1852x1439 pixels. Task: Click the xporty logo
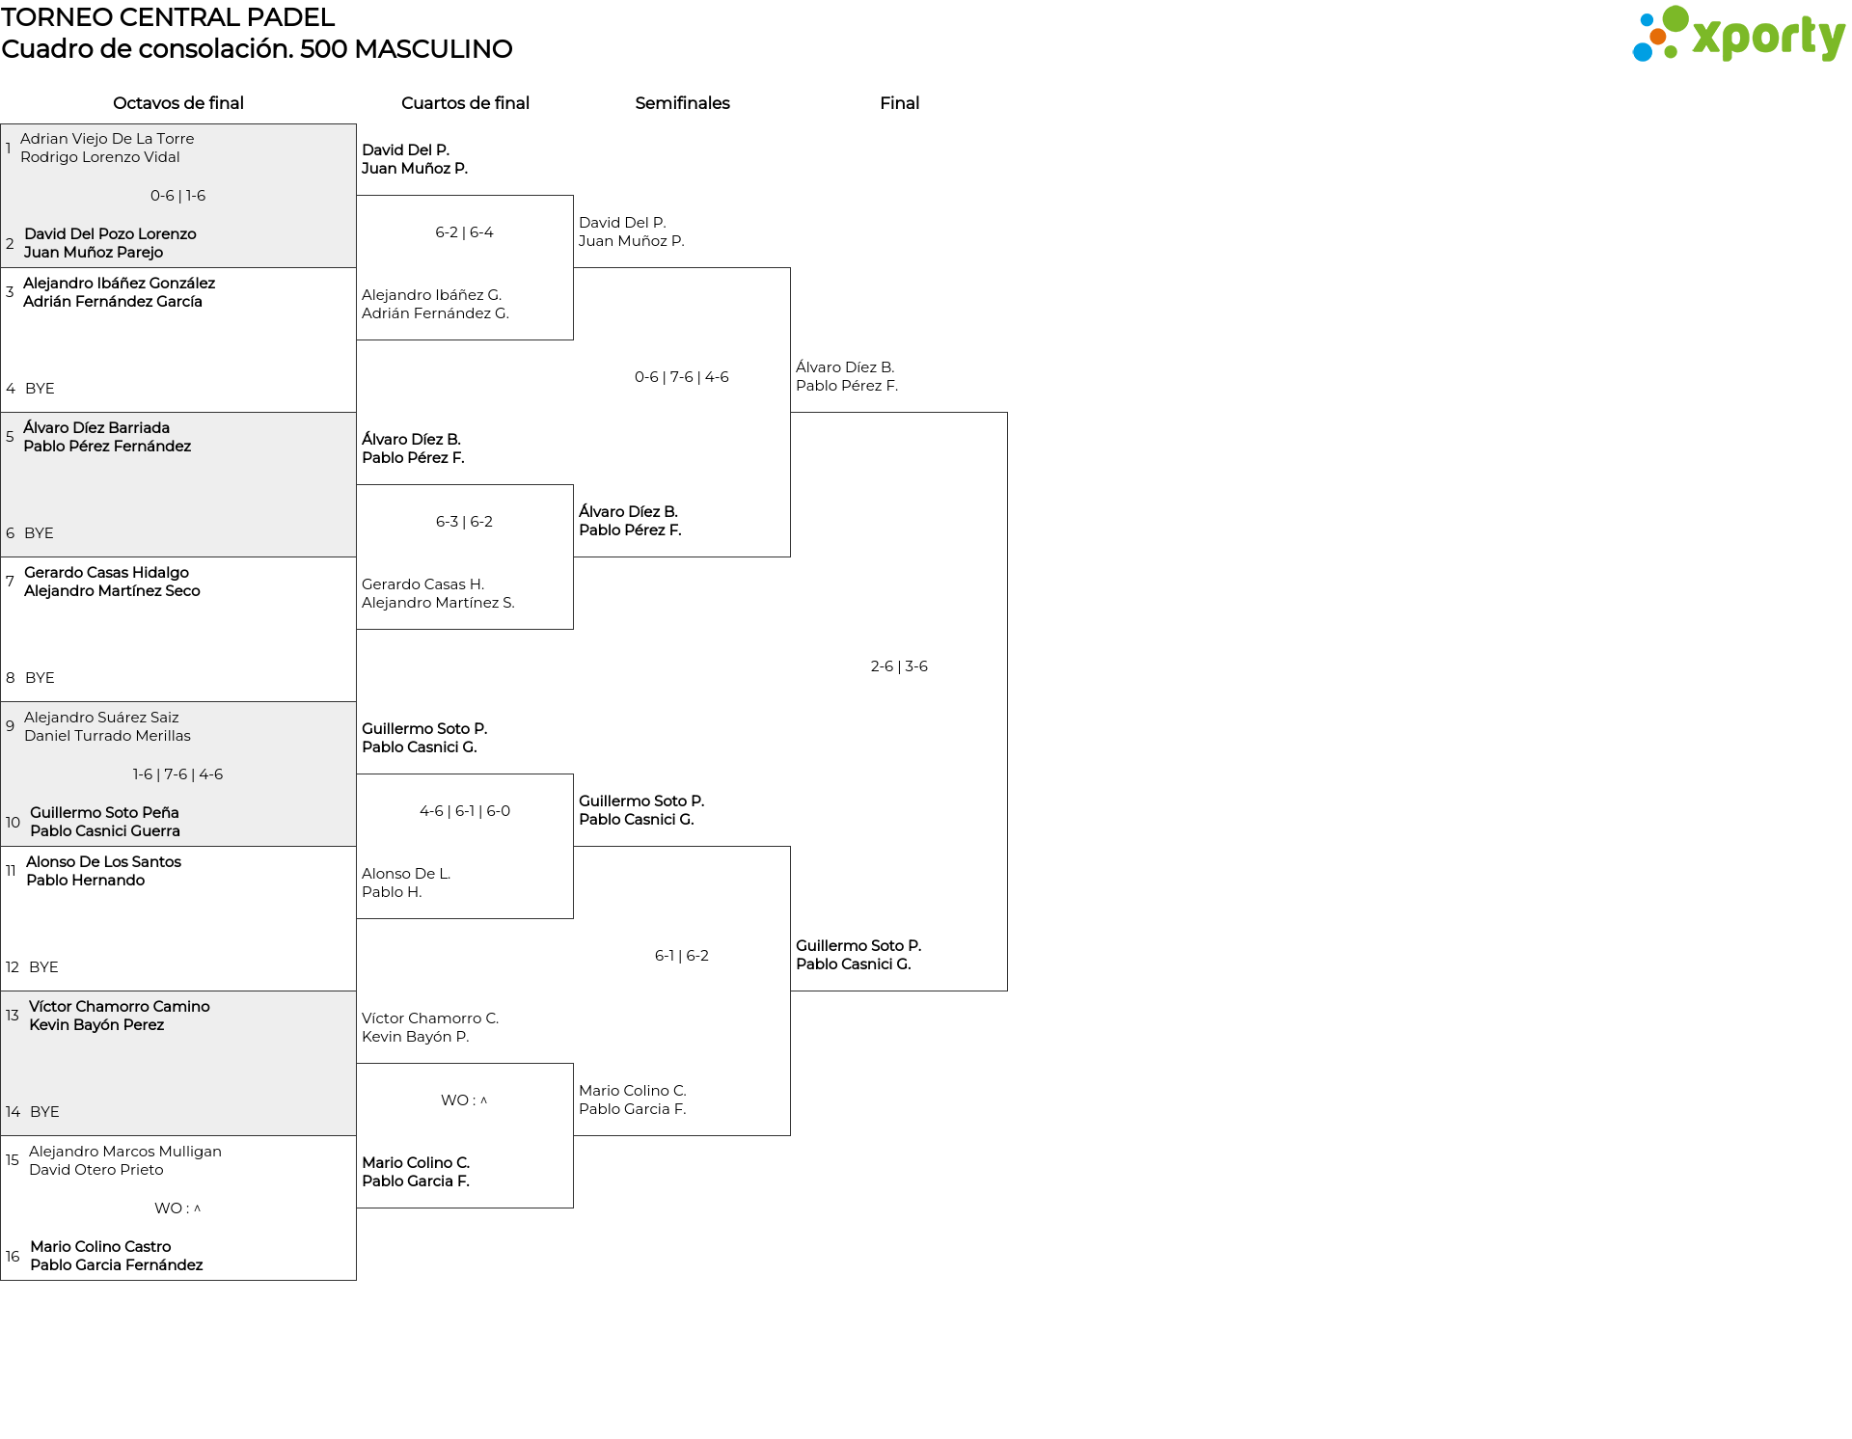click(x=1738, y=34)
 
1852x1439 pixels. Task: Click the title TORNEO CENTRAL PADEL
click(x=168, y=17)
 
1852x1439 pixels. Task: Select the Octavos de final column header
click(x=178, y=103)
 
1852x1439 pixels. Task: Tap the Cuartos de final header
click(x=465, y=103)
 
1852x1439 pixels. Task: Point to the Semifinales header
click(x=682, y=103)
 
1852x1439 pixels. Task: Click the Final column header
click(x=899, y=103)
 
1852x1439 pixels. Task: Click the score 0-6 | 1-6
click(x=178, y=196)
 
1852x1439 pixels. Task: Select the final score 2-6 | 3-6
click(x=899, y=666)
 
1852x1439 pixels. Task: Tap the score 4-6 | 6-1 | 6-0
click(x=465, y=811)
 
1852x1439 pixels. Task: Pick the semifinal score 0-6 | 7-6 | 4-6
click(x=682, y=377)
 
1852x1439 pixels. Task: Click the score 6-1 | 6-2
click(x=682, y=956)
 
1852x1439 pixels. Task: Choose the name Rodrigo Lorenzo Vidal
click(x=100, y=157)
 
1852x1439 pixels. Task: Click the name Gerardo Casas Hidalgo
click(x=106, y=573)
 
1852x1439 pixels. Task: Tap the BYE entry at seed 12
click(x=43, y=967)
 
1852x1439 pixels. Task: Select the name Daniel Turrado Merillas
click(x=107, y=736)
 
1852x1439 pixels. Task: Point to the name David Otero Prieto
click(x=96, y=1170)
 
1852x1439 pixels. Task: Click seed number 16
click(x=13, y=1257)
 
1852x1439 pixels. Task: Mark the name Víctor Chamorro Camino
click(x=120, y=1007)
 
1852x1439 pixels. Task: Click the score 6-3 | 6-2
click(x=465, y=522)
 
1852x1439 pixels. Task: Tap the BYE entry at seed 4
click(x=40, y=389)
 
